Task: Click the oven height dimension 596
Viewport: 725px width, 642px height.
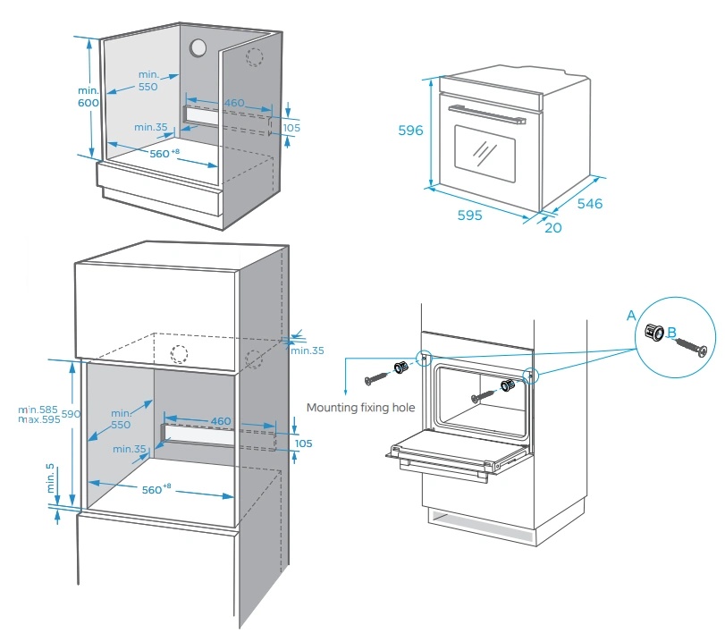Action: (x=410, y=131)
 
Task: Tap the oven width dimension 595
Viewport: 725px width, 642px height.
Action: (x=469, y=215)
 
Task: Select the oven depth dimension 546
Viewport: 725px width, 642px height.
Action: (x=589, y=204)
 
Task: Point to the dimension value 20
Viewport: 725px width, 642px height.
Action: (x=552, y=228)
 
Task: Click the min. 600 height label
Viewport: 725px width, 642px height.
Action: (x=87, y=97)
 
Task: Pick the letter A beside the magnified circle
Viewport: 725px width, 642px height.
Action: (x=631, y=316)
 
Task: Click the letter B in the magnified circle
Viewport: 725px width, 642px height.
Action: (x=660, y=333)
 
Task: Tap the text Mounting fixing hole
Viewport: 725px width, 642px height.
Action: (x=360, y=407)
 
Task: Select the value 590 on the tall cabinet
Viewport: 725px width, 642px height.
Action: (x=72, y=414)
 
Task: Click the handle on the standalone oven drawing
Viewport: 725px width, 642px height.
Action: (x=488, y=114)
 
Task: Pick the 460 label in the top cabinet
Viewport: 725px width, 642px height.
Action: (x=234, y=104)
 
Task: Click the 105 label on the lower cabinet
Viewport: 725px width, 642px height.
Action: (x=304, y=443)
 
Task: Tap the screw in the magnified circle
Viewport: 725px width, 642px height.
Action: (x=689, y=345)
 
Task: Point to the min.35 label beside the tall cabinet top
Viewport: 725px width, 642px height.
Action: (x=307, y=350)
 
